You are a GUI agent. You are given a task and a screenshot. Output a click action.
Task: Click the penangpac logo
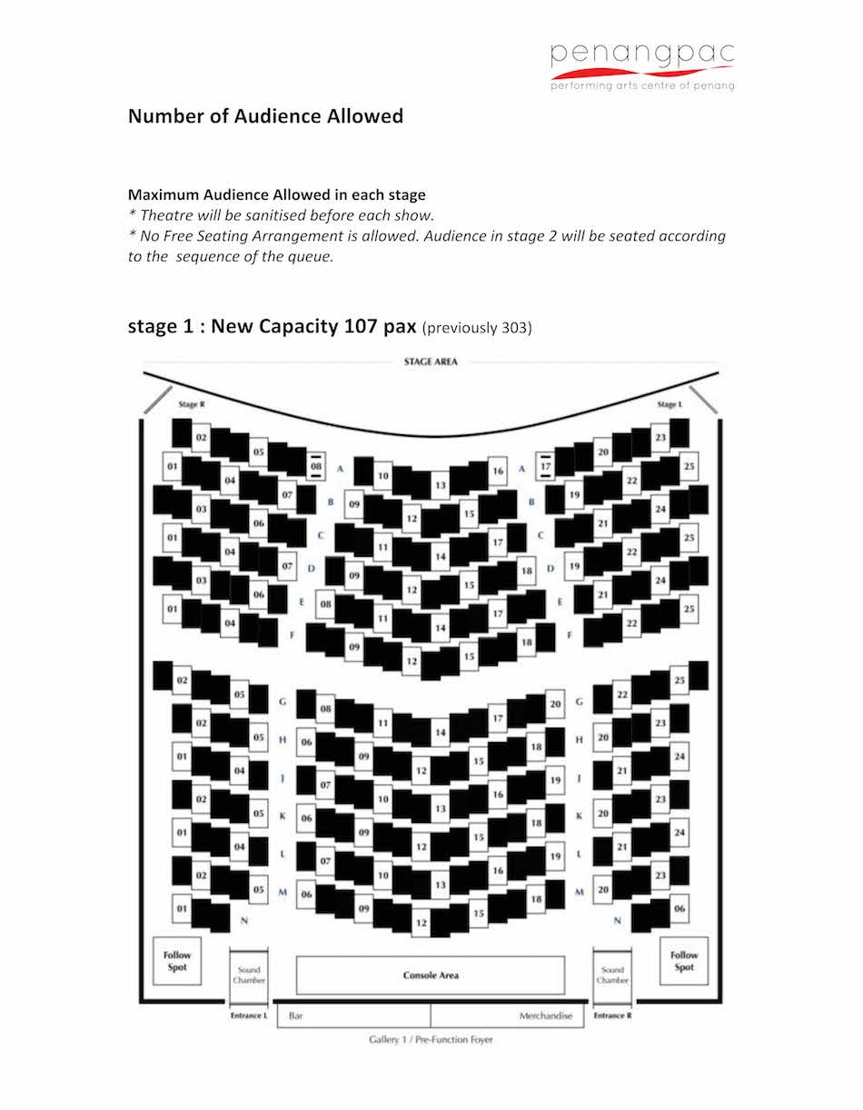pos(642,65)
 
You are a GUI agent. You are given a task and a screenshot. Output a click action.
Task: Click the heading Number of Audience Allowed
pos(265,116)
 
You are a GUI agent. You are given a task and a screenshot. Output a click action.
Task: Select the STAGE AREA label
pos(431,362)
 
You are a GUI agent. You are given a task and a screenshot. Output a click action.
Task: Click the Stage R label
pos(192,404)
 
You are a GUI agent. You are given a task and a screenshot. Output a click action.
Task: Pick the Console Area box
pos(431,976)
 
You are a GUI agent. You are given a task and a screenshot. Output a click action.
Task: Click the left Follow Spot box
pos(177,961)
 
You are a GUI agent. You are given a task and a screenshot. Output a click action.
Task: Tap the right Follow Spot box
pos(684,961)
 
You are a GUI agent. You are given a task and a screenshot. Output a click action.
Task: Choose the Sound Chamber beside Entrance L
pos(249,976)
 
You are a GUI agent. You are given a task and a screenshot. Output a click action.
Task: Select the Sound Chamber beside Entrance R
pos(613,976)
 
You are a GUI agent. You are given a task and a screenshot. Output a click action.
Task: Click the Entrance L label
pos(249,1016)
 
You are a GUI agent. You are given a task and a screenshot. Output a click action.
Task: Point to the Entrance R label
pos(613,1016)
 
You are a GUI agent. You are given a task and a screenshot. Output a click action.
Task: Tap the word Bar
pos(296,1016)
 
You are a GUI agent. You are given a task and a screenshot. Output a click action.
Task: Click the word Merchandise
pos(547,1016)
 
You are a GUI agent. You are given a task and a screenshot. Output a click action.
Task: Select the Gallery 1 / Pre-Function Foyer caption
pos(431,1038)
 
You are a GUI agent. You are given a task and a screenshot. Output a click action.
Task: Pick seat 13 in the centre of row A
pos(440,486)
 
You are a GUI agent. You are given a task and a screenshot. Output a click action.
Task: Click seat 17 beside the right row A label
pos(546,468)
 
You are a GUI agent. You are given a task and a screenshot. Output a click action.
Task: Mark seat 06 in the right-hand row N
pos(679,908)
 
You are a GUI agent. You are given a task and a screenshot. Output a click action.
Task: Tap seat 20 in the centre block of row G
pos(555,704)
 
